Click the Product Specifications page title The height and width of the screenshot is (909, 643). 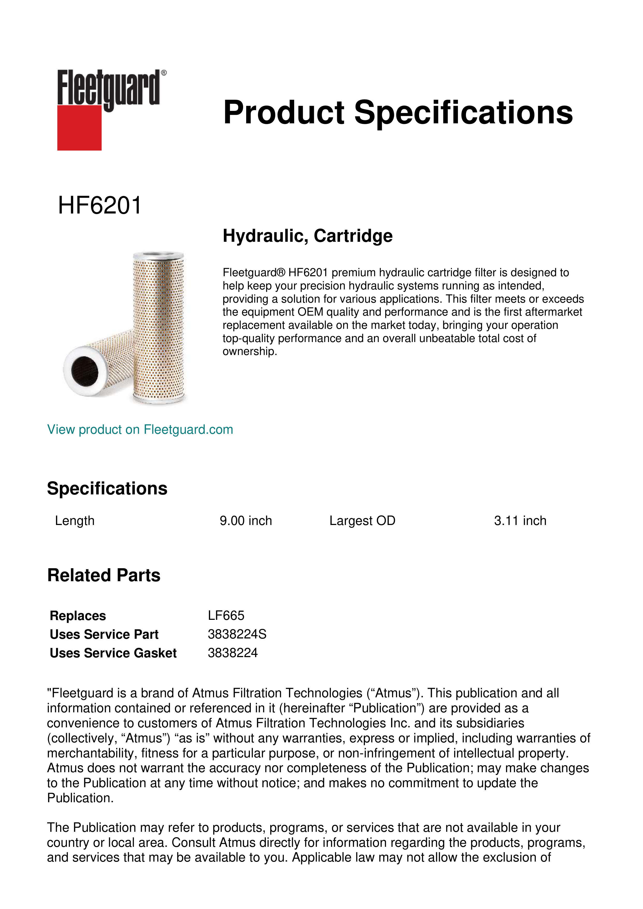tap(398, 112)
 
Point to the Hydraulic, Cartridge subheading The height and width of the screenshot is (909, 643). tap(307, 236)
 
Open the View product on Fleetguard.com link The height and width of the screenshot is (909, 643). tap(140, 430)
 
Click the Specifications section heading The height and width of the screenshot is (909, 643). tap(107, 488)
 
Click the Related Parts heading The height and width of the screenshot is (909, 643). tap(104, 575)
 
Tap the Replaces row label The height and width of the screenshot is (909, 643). tap(77, 616)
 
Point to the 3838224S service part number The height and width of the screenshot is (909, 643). tap(237, 634)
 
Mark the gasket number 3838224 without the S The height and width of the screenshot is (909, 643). tap(232, 653)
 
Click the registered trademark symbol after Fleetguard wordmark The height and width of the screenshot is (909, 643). tap(164, 73)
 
